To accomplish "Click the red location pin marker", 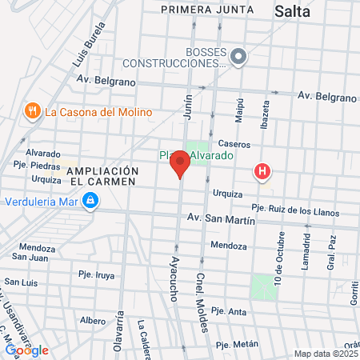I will (180, 163).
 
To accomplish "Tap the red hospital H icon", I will (262, 171).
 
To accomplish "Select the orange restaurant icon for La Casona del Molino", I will (33, 111).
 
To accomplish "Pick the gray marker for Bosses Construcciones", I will (238, 56).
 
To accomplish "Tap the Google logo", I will (26, 350).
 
